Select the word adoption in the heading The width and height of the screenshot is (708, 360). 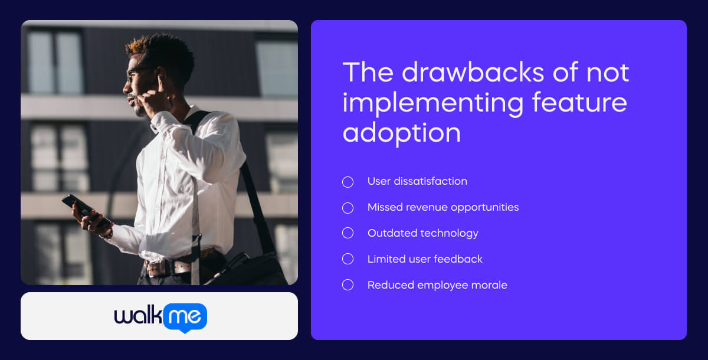coord(401,133)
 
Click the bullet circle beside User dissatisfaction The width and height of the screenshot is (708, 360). coord(348,182)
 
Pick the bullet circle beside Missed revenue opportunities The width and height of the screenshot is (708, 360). coord(348,208)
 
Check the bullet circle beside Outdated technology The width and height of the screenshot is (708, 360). coord(348,233)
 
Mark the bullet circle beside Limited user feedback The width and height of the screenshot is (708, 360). coord(348,259)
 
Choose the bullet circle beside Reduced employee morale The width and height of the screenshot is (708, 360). coord(348,285)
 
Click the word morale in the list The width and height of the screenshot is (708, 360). coord(488,285)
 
